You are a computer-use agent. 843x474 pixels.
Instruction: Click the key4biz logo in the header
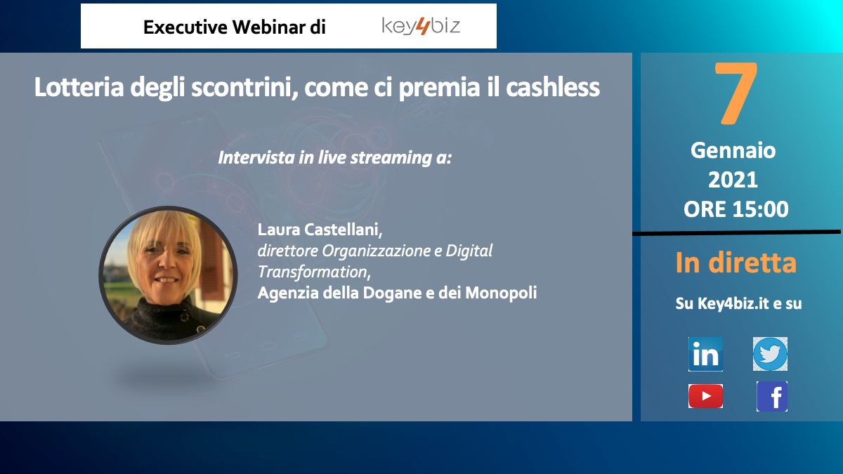click(421, 26)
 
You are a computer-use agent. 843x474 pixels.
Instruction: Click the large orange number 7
click(736, 93)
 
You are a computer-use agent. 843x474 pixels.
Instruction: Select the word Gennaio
click(733, 150)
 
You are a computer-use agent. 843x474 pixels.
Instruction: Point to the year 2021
click(733, 180)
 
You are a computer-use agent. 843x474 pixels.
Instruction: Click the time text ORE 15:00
click(736, 209)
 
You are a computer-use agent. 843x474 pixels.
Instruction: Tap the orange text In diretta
click(736, 263)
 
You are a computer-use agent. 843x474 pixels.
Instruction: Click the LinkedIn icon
click(705, 354)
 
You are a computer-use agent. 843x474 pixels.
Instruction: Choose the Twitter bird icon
click(770, 354)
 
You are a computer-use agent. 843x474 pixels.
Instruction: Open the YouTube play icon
click(705, 396)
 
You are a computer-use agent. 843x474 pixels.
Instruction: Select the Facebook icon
click(772, 396)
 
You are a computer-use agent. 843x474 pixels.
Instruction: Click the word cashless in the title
click(552, 87)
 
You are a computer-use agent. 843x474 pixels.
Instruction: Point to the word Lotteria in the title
click(79, 87)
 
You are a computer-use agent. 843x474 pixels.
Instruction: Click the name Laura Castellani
click(320, 230)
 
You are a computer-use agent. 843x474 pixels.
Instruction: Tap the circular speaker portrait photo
click(168, 275)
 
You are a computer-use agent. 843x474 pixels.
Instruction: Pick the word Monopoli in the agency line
click(501, 293)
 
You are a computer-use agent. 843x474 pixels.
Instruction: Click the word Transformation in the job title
click(314, 272)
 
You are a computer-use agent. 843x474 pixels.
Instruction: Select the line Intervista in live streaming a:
click(334, 157)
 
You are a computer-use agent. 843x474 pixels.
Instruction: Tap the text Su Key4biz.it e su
click(738, 303)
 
